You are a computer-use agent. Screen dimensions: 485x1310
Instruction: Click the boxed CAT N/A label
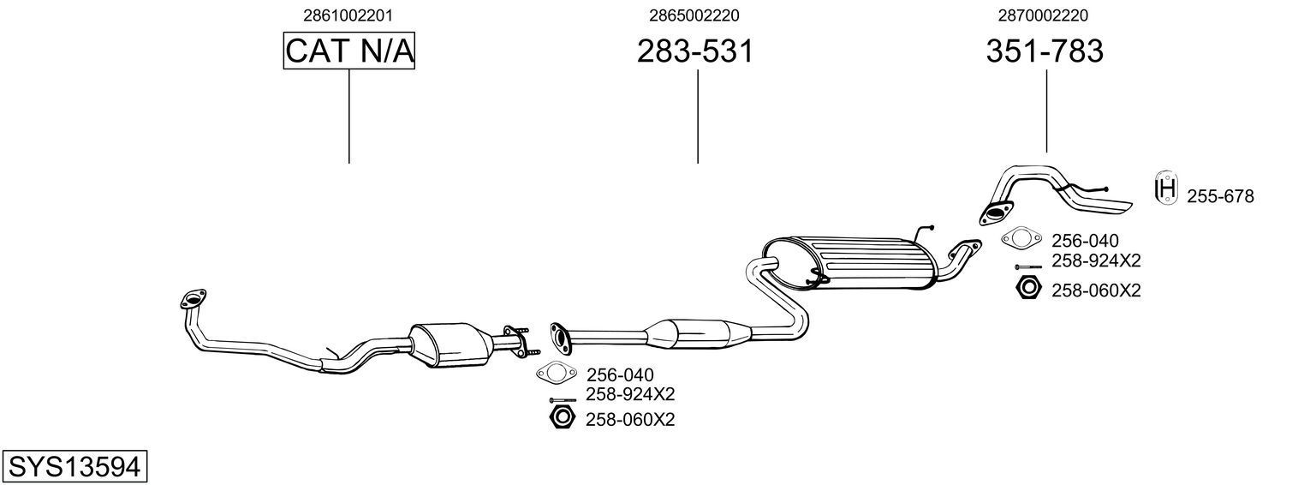[x=349, y=51]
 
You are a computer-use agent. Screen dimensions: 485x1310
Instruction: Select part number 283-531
[x=695, y=51]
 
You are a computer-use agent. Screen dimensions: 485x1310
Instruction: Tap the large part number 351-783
[x=1045, y=51]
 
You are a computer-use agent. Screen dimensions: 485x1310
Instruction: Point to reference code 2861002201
[x=348, y=15]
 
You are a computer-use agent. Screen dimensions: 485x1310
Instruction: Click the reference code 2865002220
[x=694, y=15]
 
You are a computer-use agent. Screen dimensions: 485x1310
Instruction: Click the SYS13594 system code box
[x=74, y=467]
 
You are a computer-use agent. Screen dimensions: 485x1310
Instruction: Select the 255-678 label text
[x=1220, y=197]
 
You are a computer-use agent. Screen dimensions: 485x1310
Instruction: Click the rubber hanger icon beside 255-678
[x=1165, y=189]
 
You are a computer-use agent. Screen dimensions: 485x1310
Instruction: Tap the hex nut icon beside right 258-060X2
[x=1027, y=288]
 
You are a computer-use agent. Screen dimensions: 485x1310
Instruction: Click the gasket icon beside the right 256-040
[x=1021, y=238]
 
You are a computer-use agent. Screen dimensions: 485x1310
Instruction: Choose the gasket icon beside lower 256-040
[x=555, y=373]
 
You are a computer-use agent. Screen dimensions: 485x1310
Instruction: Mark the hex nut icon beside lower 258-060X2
[x=562, y=417]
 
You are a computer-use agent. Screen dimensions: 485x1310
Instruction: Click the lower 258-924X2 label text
[x=630, y=394]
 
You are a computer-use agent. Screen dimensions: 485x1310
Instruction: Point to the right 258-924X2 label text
[x=1096, y=260]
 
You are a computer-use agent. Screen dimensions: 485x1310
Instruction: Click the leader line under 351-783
[x=1046, y=111]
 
